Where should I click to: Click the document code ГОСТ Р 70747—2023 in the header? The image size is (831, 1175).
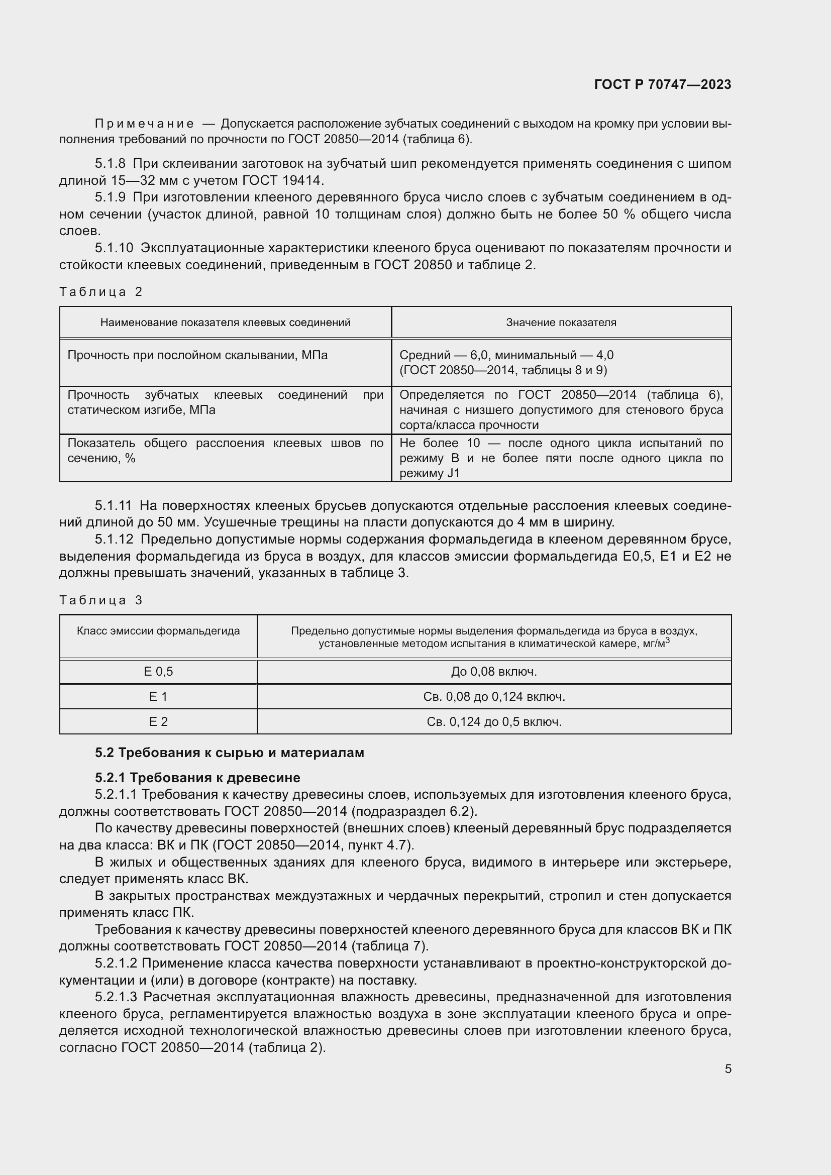(x=662, y=84)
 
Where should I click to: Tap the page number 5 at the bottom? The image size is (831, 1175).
(x=728, y=1069)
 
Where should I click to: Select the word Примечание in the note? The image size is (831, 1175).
(x=144, y=124)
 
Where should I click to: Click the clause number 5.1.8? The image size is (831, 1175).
(x=110, y=164)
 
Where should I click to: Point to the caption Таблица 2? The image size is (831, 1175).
(x=101, y=292)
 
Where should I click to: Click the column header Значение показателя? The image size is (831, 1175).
(x=561, y=323)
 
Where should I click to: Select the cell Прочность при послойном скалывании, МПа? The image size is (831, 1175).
(x=197, y=355)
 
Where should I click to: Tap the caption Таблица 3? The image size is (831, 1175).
(x=101, y=600)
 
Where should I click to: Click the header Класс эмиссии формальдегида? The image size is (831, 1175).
(x=158, y=630)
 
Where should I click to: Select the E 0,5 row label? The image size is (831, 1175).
(x=158, y=672)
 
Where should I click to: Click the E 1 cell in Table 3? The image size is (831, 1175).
(x=158, y=696)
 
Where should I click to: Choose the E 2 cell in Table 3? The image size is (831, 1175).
(x=158, y=721)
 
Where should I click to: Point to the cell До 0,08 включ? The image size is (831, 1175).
(x=494, y=672)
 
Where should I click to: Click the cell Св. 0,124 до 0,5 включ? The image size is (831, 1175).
(x=494, y=721)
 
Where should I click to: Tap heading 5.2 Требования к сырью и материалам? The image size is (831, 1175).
(x=229, y=753)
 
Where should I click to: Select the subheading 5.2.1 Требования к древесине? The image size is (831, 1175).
(x=197, y=777)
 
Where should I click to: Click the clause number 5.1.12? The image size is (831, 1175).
(x=114, y=539)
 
